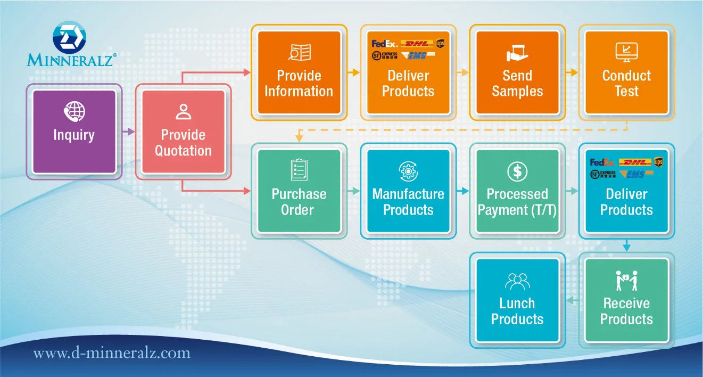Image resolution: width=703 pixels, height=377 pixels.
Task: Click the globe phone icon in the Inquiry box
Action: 74,112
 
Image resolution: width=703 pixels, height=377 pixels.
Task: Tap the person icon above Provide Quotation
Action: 183,112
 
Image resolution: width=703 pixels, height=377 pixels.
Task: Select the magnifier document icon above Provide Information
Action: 299,52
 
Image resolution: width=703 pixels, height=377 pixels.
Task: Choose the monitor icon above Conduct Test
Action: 626,52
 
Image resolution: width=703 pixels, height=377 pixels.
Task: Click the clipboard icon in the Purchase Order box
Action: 299,170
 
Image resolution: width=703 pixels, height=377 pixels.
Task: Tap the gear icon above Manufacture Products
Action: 408,171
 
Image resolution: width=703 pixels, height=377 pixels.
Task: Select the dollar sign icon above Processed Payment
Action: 517,171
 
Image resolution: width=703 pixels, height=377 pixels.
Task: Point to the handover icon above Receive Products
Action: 626,281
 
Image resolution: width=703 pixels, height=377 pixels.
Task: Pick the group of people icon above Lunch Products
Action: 517,281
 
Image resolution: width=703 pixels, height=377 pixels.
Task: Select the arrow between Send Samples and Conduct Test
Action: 572,72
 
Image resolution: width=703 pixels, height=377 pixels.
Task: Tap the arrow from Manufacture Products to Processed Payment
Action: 463,190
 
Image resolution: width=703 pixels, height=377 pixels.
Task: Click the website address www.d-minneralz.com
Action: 112,353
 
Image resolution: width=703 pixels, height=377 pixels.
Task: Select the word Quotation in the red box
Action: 183,151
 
